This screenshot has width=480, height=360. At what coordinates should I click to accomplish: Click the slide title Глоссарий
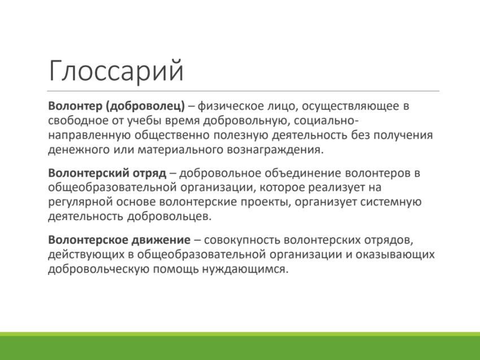coord(116,71)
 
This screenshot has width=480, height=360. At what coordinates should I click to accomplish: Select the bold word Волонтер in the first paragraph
coord(75,106)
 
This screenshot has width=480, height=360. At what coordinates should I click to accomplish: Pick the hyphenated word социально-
coord(326,121)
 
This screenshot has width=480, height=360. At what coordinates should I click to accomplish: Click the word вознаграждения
coord(275,150)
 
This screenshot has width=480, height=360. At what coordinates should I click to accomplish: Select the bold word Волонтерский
coord(89,173)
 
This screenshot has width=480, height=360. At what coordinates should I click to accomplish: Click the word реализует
coord(335,187)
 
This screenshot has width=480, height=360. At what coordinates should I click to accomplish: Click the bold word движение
coord(161,240)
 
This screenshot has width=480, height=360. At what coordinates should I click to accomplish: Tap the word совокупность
coord(242,240)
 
